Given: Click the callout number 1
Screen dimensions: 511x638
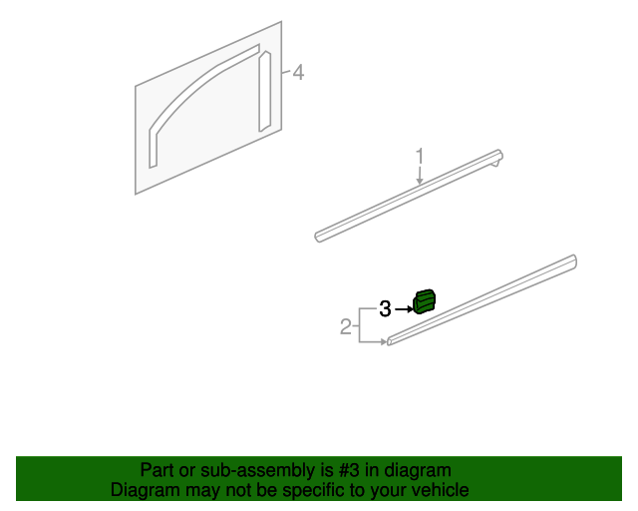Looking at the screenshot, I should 420,156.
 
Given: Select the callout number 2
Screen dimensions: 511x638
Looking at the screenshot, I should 346,326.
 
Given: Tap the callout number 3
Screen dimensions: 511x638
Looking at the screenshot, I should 385,309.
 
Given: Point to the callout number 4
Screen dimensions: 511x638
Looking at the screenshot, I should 297,73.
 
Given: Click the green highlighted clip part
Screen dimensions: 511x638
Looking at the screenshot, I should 425,300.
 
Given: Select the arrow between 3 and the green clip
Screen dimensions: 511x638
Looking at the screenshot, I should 403,309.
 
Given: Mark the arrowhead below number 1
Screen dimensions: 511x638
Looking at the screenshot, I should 420,181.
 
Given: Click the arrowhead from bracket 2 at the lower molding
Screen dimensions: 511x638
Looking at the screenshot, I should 383,342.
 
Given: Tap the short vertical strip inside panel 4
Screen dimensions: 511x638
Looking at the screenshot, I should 264,91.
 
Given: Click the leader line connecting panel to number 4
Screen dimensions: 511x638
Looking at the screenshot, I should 286,73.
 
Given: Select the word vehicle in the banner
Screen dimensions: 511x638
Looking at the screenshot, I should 440,490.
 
